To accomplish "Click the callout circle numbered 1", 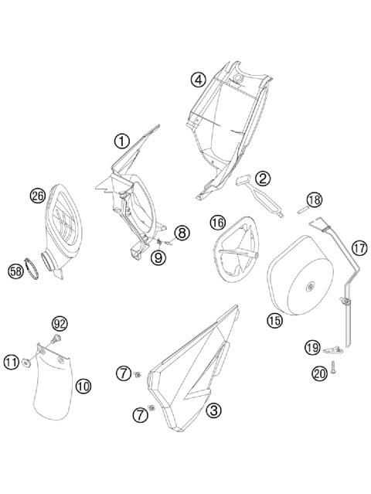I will pos(122,141).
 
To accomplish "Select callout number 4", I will pos(199,79).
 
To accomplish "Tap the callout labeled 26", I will pos(37,196).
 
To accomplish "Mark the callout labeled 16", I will pos(217,223).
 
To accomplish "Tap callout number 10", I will pos(83,384).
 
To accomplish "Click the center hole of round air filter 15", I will pos(309,288).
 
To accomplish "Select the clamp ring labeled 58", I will pos(32,268).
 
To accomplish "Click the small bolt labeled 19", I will pos(331,348).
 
